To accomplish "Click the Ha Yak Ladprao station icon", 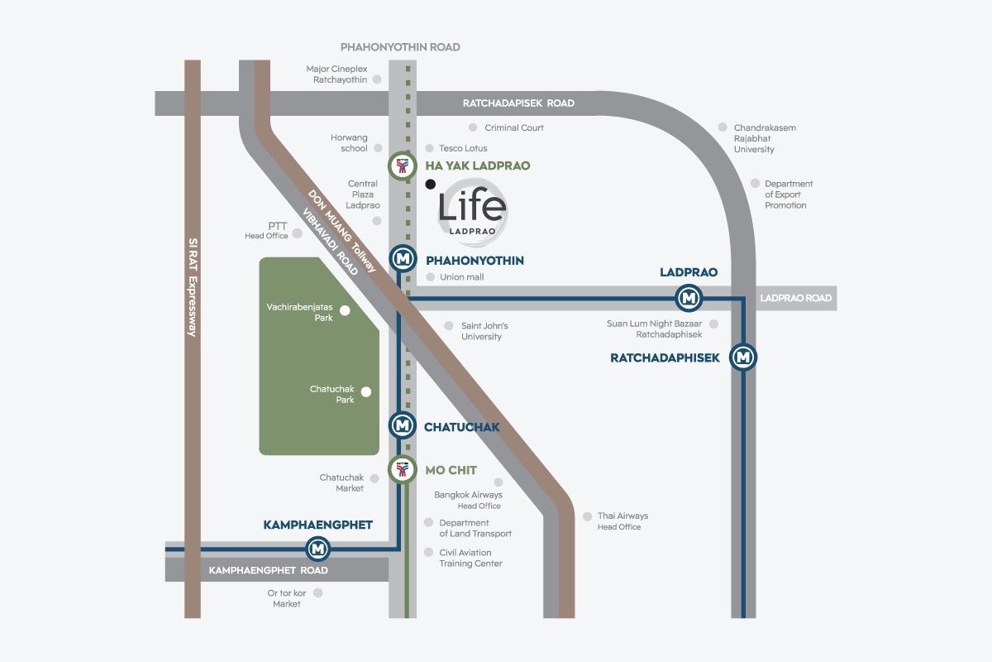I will click(402, 166).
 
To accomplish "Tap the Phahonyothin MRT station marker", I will click(403, 260).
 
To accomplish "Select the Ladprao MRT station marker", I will click(689, 296).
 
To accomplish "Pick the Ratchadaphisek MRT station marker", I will click(744, 357).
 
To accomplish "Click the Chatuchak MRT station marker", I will click(403, 425).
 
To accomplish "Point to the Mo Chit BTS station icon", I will click(402, 470).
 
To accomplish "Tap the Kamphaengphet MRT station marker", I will click(318, 548).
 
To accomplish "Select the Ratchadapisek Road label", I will click(518, 103).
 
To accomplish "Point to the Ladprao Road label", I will click(795, 298).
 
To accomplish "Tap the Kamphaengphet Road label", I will click(268, 570).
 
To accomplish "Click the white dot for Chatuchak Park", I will click(365, 392).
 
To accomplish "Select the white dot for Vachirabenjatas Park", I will click(346, 310).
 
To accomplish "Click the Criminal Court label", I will click(513, 127).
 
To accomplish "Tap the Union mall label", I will click(462, 277).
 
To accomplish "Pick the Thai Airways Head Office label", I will click(622, 521).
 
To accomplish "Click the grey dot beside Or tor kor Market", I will click(318, 592).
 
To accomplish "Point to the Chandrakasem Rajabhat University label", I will click(765, 138).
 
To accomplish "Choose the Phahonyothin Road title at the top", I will click(400, 47).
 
